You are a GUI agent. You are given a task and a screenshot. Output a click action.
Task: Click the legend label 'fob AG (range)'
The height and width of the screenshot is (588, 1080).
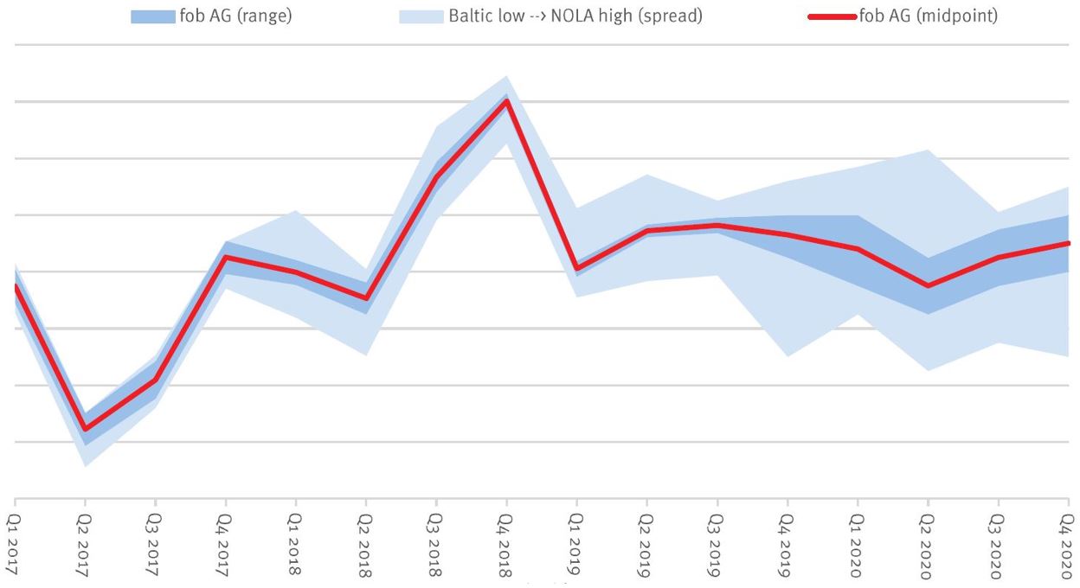[235, 16]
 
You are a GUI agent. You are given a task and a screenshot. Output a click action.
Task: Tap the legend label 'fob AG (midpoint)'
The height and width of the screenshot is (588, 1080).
[928, 16]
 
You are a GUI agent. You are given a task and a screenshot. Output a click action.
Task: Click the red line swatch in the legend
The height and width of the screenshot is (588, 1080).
[832, 17]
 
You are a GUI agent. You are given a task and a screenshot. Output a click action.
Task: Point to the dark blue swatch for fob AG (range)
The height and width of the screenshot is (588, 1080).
[152, 17]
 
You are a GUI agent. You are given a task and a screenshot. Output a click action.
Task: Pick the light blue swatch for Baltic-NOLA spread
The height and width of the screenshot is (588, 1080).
[421, 17]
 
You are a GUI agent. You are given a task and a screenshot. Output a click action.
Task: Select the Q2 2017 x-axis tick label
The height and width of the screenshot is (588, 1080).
[86, 542]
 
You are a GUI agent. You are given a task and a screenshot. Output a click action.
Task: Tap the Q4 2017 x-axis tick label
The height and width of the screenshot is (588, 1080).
[226, 542]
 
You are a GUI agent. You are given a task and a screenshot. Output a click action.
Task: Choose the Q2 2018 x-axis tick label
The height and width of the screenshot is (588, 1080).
[366, 542]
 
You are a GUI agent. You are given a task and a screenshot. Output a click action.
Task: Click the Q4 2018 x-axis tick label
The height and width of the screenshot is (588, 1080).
[507, 542]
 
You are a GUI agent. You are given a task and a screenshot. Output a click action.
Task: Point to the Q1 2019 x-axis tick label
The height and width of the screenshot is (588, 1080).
[577, 542]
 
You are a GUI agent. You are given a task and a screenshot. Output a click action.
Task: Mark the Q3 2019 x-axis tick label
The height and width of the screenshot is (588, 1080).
[717, 542]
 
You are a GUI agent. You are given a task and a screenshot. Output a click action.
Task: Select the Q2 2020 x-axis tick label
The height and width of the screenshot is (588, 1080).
[929, 542]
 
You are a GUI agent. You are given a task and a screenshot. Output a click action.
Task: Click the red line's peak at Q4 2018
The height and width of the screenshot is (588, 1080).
[507, 101]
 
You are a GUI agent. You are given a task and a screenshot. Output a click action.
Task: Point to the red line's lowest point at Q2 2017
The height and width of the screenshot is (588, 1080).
[86, 429]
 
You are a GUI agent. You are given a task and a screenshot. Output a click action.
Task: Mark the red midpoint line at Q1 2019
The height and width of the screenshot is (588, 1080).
[577, 268]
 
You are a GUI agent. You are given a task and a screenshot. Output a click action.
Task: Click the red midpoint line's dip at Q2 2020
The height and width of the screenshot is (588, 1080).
[929, 285]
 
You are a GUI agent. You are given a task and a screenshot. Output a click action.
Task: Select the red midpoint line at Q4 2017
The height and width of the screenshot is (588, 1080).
[226, 258]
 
